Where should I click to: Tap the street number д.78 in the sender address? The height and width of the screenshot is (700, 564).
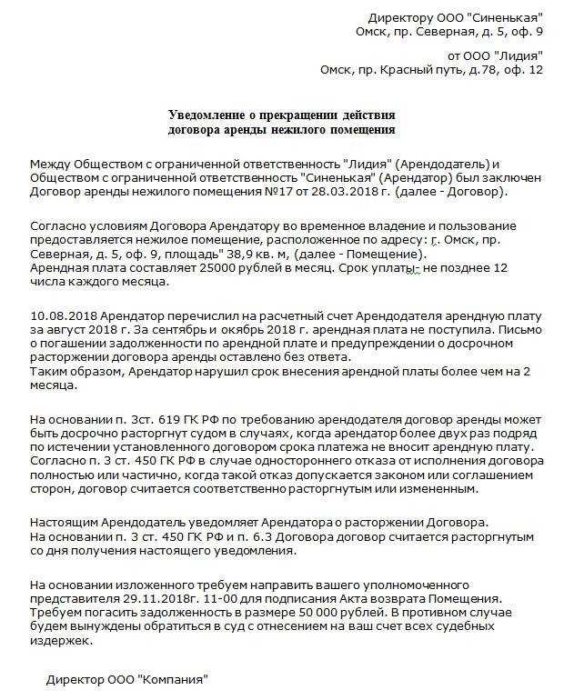point(473,70)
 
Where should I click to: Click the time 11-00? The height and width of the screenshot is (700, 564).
point(227,599)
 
